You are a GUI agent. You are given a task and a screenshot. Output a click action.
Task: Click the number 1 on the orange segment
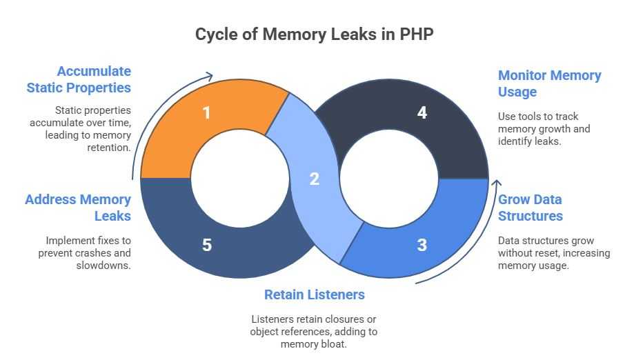point(206,112)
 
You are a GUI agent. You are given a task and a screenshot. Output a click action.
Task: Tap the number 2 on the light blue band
point(315,179)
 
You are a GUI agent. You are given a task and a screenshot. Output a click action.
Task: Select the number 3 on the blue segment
point(422,244)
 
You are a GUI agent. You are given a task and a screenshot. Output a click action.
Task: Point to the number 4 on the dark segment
point(422,112)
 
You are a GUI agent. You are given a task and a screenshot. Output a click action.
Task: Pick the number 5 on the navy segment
point(206,244)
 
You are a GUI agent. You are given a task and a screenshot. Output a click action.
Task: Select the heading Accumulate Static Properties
point(79,79)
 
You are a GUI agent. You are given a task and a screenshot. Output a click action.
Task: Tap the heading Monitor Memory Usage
point(549,83)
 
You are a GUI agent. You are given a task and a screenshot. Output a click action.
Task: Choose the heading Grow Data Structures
point(531,208)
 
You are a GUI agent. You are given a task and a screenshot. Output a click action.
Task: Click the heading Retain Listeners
point(315,294)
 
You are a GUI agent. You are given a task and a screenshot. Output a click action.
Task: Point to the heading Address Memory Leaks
point(78,208)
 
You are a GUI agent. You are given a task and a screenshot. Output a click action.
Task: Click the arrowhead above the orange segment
point(209,76)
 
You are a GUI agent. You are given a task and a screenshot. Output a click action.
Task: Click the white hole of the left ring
point(239,179)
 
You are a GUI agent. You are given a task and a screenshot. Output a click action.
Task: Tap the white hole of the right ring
point(390,179)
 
